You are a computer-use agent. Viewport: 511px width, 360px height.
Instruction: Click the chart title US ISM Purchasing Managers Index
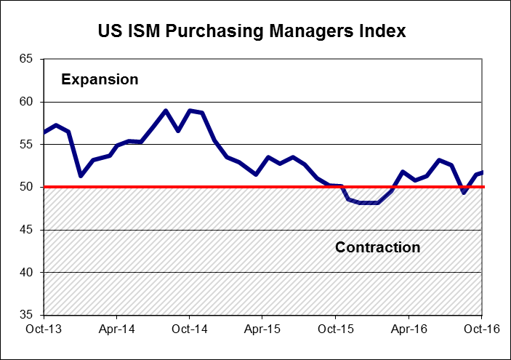pos(252,32)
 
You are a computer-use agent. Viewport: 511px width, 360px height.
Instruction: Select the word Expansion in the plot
pos(100,79)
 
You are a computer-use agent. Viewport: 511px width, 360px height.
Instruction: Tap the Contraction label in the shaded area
pos(377,247)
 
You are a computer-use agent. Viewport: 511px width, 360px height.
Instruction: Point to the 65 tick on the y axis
pos(28,60)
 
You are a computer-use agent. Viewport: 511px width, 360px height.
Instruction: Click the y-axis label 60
pos(28,103)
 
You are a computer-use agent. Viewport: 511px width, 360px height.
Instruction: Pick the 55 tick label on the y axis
pos(28,145)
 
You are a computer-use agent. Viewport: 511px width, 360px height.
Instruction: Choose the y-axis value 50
pos(28,188)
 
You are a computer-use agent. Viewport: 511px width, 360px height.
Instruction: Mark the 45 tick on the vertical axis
pos(28,230)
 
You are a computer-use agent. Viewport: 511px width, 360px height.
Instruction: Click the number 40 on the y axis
pos(28,273)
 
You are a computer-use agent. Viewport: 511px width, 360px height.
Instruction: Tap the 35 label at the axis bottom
pos(28,315)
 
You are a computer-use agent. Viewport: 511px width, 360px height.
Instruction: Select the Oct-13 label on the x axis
pos(44,329)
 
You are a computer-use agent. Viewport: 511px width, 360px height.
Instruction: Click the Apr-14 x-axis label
pos(117,329)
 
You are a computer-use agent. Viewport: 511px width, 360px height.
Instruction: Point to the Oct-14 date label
pos(190,329)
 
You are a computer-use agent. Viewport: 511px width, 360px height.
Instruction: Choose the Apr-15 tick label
pos(262,329)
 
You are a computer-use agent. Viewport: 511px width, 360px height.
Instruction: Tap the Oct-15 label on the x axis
pos(335,329)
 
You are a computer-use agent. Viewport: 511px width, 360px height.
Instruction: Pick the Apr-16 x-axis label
pos(408,329)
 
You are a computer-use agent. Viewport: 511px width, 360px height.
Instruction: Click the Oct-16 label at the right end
pos(480,329)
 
